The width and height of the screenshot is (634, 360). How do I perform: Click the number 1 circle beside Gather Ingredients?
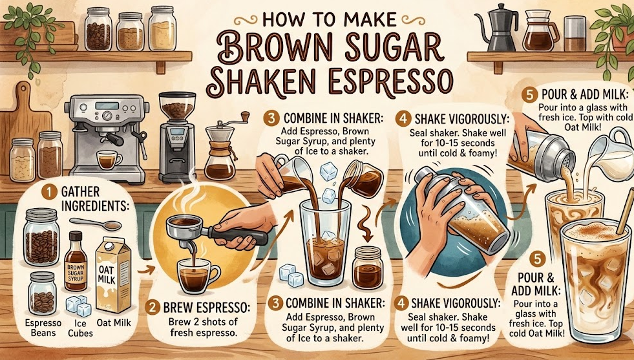pos(49,192)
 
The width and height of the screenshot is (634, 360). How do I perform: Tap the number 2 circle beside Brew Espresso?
pos(153,308)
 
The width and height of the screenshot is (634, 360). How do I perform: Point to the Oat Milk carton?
pos(113,275)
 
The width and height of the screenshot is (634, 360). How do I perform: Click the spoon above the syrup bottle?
pos(96,223)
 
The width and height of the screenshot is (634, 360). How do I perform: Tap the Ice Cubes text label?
pos(80,328)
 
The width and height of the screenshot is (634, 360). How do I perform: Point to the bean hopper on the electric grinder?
pos(177,106)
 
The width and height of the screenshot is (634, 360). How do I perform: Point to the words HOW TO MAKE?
pos(329,19)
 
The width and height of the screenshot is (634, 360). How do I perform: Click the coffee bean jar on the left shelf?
pos(98,29)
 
